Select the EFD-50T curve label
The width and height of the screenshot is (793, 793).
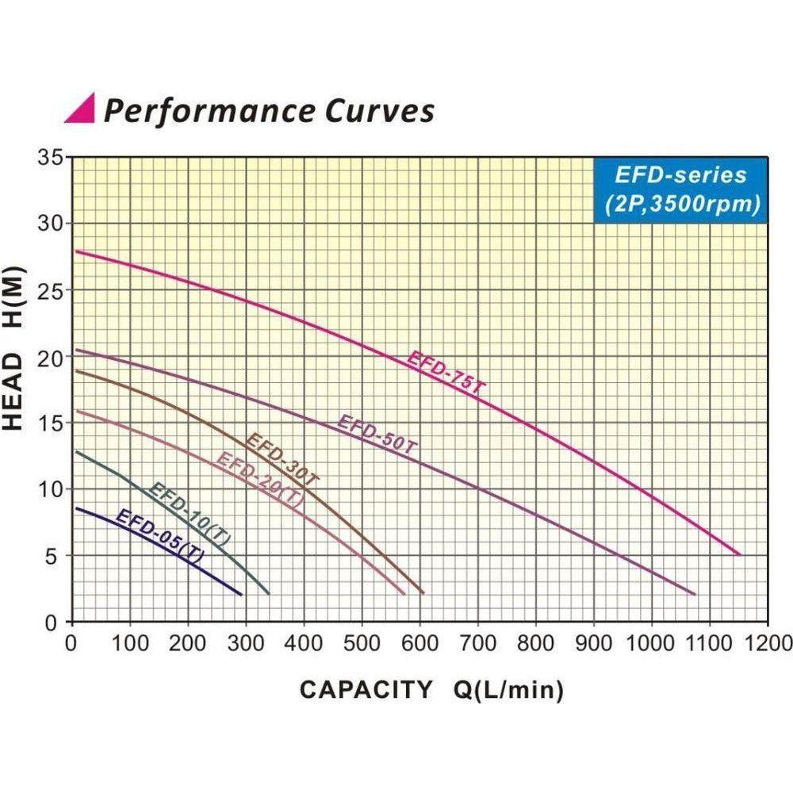tap(377, 434)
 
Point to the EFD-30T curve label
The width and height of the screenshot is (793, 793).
tap(282, 458)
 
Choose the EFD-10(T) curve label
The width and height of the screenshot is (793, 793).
tap(190, 513)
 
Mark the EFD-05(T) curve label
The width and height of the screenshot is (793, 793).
tap(159, 537)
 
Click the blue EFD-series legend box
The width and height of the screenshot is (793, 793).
tap(681, 189)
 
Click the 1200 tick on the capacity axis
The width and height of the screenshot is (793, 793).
tap(768, 642)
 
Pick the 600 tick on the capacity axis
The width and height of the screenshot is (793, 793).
tap(420, 642)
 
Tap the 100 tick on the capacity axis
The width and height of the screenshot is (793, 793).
tap(131, 642)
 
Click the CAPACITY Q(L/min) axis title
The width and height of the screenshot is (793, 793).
tap(431, 690)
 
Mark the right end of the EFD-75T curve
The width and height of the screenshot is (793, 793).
tap(740, 554)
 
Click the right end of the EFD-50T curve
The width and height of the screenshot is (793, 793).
tap(695, 594)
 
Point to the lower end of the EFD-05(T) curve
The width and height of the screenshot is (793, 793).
tap(240, 594)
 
